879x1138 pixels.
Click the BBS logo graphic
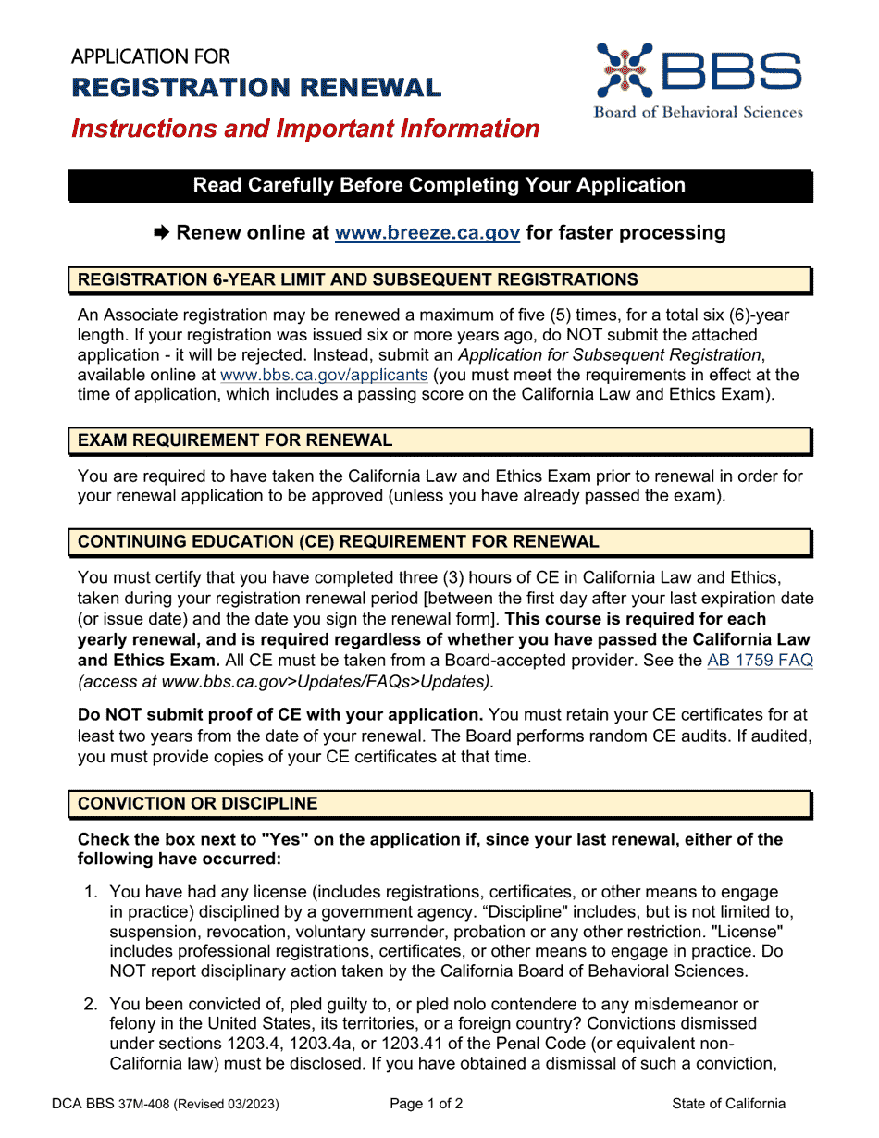(x=698, y=72)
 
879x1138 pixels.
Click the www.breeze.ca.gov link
(x=427, y=233)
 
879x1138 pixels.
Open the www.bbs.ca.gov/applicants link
(x=323, y=376)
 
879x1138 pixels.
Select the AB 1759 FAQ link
(x=760, y=661)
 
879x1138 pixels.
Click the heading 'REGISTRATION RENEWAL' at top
(x=256, y=88)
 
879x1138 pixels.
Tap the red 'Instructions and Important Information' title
(x=305, y=129)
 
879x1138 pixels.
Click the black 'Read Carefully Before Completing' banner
(x=439, y=186)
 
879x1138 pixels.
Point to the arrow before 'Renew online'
(x=162, y=233)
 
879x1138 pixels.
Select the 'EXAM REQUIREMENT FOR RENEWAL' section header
(x=235, y=440)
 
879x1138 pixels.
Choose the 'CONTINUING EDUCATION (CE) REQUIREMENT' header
(x=338, y=541)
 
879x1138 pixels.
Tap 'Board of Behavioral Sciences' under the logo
(x=698, y=112)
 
